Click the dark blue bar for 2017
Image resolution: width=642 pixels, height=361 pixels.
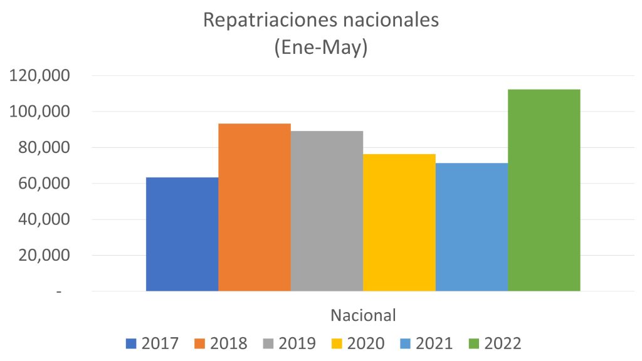(x=182, y=234)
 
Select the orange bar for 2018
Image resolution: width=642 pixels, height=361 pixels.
(x=255, y=207)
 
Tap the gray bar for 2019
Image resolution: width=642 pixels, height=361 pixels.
(x=327, y=211)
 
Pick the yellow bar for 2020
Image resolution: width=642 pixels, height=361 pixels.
(x=399, y=222)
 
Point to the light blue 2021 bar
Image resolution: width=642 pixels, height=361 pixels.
(x=471, y=227)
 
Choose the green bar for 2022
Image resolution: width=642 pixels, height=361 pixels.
(x=544, y=191)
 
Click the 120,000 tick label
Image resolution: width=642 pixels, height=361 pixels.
(x=40, y=76)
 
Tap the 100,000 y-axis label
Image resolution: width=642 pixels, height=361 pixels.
(x=40, y=112)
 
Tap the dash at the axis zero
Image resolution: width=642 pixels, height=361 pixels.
(x=59, y=292)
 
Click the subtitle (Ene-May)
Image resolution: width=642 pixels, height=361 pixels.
(x=320, y=48)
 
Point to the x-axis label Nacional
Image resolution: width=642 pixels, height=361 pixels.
(x=364, y=315)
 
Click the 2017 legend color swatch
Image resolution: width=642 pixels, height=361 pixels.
(x=131, y=343)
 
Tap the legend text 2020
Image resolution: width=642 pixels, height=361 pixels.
(x=366, y=343)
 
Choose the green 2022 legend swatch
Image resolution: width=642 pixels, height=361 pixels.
(x=475, y=343)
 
